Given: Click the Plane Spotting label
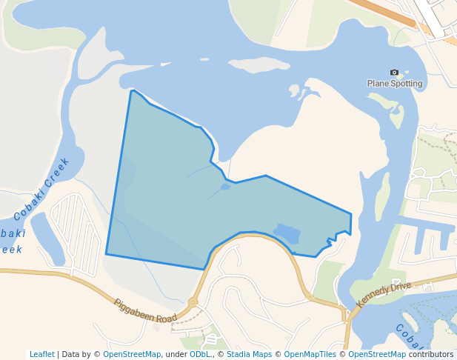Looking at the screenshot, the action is click(395, 84).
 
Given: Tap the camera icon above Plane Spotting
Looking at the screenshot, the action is click(394, 73).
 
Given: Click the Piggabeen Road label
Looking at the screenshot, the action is click(145, 310).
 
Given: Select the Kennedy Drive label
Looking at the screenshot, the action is click(383, 295).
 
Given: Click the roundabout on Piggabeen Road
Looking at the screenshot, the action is click(193, 302).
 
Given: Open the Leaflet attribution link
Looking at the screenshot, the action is click(41, 355).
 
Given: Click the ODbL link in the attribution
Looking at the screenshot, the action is click(200, 355).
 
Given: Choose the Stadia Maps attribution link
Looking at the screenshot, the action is click(249, 355).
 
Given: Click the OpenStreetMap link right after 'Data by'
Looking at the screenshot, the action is click(132, 355).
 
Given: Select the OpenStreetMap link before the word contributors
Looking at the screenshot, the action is click(377, 355).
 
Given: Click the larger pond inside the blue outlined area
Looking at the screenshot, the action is click(287, 234).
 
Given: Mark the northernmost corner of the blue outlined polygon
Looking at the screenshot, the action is click(132, 91).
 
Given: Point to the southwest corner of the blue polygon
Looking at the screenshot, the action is click(107, 254).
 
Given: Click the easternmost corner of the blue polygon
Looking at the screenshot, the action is click(351, 215).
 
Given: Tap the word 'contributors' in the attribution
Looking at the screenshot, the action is click(431, 355).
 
